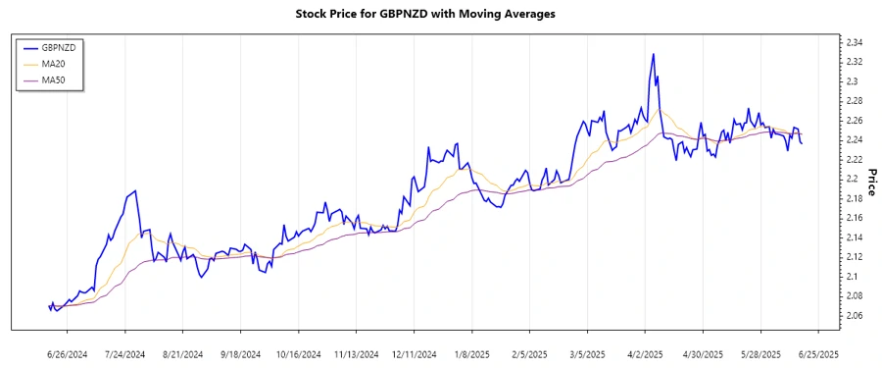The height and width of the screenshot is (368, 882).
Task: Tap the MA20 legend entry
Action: (55, 64)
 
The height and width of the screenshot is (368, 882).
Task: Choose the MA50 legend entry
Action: (55, 80)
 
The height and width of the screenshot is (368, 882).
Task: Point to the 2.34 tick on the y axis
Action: (854, 42)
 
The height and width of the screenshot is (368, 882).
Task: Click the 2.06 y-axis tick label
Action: (854, 315)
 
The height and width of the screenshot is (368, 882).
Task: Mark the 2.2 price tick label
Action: (851, 179)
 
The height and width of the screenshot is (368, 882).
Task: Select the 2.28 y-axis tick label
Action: (854, 101)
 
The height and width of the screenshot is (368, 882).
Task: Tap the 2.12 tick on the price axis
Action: (854, 257)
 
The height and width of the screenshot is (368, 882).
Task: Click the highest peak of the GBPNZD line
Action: (653, 54)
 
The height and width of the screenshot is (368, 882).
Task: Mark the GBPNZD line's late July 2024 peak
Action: (135, 190)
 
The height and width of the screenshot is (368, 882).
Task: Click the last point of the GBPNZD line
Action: (802, 144)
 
